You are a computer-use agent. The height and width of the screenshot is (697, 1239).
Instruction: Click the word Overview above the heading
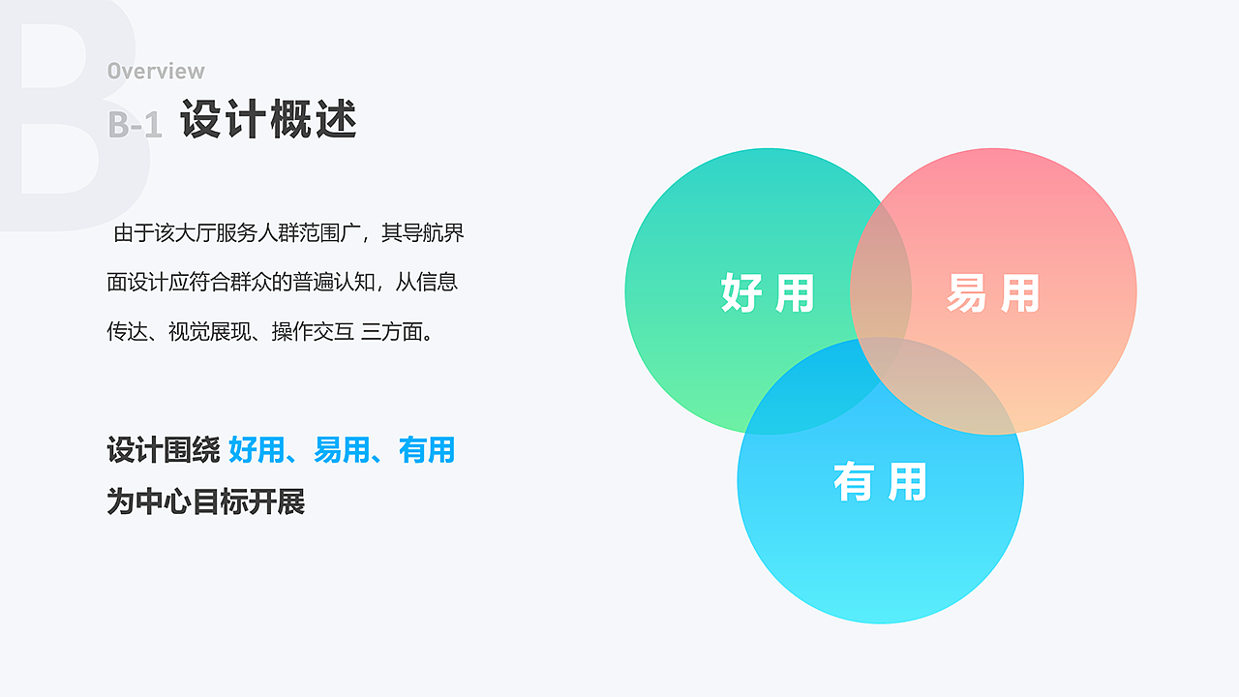(156, 71)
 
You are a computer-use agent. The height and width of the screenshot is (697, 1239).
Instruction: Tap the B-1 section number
(135, 124)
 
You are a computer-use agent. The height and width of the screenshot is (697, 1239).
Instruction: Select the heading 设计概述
(269, 120)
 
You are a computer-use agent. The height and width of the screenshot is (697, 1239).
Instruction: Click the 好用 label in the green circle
(768, 292)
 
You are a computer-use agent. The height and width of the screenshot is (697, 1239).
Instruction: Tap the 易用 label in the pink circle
(992, 292)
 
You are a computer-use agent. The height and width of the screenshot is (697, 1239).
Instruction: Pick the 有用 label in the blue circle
(880, 481)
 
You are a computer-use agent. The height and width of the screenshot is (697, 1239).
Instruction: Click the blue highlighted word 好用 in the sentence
(257, 450)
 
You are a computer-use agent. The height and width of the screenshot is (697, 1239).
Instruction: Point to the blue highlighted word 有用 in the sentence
(427, 450)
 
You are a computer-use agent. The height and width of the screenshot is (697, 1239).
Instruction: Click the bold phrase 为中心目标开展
(206, 502)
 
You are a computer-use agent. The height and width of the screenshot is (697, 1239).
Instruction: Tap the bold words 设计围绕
(164, 450)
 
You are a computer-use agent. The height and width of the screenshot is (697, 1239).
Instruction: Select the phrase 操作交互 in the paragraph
(313, 332)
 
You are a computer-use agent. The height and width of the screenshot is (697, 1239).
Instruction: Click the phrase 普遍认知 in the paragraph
(335, 283)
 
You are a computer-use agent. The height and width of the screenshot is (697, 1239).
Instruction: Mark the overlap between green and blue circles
(808, 397)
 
